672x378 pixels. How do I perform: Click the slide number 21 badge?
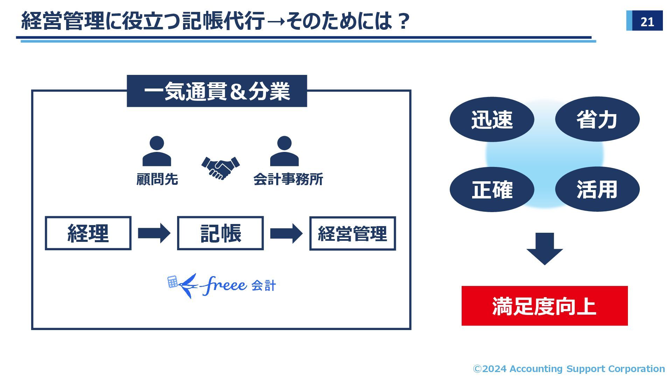644,21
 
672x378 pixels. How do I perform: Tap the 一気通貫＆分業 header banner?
217,91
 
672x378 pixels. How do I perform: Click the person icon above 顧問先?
156,151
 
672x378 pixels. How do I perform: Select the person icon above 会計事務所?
284,151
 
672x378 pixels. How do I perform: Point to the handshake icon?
220,168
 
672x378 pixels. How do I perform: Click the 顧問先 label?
157,179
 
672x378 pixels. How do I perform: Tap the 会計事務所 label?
288,179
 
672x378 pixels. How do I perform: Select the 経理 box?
88,233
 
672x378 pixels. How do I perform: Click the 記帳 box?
220,233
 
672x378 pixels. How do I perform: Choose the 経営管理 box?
352,233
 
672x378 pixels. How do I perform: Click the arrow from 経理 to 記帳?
154,233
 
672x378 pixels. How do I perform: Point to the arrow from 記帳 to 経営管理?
286,233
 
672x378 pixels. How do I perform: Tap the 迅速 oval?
492,119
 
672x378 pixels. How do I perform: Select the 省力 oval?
597,119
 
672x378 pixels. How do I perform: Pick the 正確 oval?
492,189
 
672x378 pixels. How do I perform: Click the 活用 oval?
597,189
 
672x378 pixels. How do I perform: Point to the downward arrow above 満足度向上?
545,248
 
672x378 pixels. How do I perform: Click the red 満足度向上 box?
544,306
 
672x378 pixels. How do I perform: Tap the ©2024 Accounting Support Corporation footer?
569,369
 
